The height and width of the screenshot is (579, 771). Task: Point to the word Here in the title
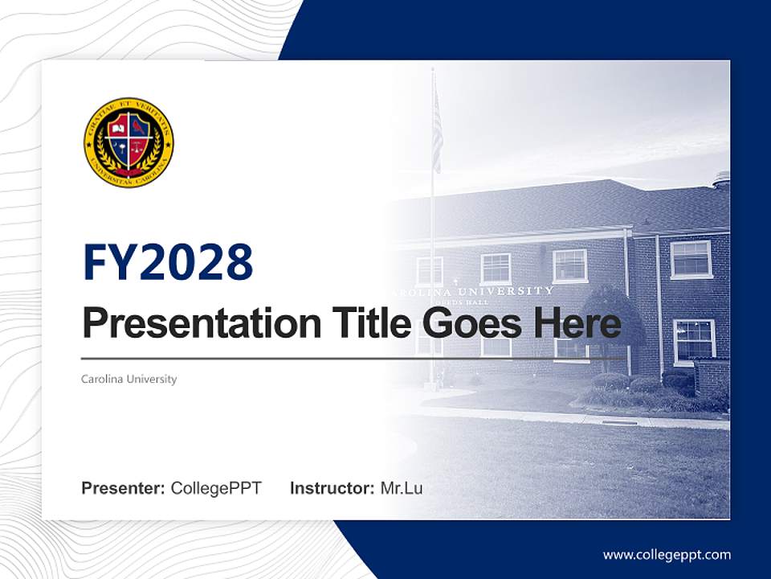pos(577,324)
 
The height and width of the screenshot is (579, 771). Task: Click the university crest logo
pos(128,142)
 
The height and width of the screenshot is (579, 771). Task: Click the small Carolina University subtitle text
pos(128,379)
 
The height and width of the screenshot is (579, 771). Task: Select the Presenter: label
pos(124,488)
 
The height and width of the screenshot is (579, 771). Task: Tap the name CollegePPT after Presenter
pos(216,488)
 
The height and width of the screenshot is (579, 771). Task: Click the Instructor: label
pos(332,488)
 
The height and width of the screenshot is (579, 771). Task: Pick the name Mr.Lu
pos(401,488)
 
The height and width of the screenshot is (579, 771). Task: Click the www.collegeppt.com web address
pos(667,555)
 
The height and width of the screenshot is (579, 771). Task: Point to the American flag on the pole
pos(438,129)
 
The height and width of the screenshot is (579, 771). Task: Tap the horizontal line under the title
pos(353,358)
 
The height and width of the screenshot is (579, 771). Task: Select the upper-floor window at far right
pos(691,259)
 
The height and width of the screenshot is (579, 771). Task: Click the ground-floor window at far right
pos(694,339)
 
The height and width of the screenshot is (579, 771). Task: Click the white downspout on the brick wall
pos(659,306)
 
